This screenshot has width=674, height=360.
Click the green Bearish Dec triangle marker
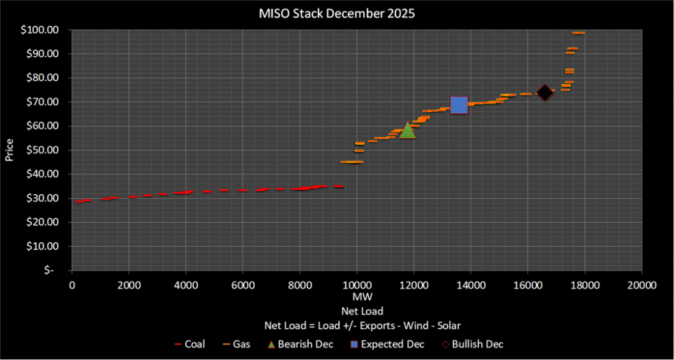(x=408, y=130)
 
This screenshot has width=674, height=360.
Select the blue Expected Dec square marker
(x=459, y=105)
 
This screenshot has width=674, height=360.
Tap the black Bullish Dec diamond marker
(x=544, y=93)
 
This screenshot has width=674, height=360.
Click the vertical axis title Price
(x=10, y=150)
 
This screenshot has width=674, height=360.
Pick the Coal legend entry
(x=191, y=344)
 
